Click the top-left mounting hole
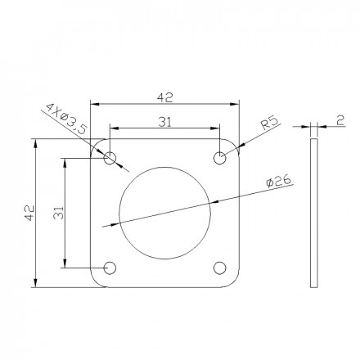tap(110, 158)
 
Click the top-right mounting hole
tap(219, 158)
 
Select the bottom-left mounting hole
tap(110, 268)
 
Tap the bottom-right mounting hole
tap(219, 268)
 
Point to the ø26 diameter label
tap(278, 181)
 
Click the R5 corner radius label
tap(269, 123)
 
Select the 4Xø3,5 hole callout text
tap(67, 118)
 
